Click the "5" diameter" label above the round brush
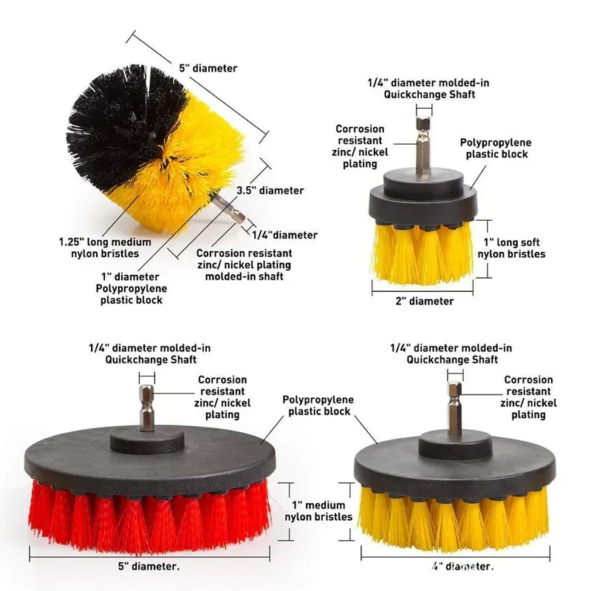[208, 68]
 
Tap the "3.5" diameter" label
[270, 191]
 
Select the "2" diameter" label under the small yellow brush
[424, 301]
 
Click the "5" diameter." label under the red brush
[149, 566]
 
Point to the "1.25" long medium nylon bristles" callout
[105, 247]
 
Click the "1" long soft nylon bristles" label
[511, 248]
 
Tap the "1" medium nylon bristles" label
[318, 510]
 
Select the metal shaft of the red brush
[146, 408]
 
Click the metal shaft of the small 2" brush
[423, 146]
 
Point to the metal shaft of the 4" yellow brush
[455, 410]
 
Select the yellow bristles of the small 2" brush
[423, 253]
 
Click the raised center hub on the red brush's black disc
[147, 441]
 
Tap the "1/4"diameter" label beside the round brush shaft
[284, 235]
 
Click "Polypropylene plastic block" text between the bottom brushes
[318, 405]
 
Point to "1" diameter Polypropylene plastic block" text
[131, 288]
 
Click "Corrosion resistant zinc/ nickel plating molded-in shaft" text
[245, 264]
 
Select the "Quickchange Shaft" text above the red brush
[151, 360]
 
